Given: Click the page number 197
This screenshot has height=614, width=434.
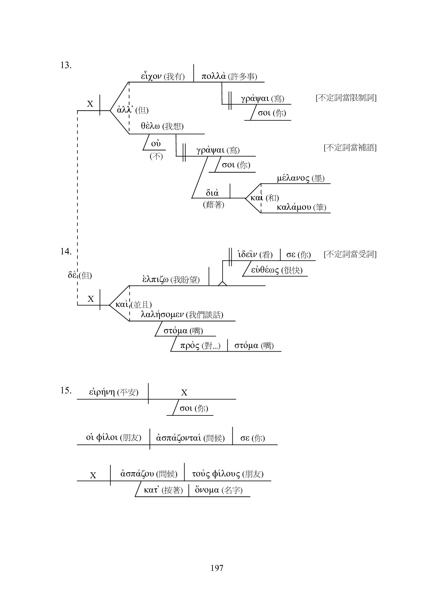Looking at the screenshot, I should [217, 568].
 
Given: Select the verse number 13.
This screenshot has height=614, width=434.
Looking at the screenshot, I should [66, 65].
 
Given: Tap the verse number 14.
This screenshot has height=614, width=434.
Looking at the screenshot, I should [66, 251].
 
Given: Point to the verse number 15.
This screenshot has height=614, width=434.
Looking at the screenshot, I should [66, 390].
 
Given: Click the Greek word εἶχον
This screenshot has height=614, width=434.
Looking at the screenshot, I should [151, 76].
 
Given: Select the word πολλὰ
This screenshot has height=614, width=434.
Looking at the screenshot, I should [213, 76].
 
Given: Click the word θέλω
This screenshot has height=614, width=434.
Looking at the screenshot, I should [151, 126].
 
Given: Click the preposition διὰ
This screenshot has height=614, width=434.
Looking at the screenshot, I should [212, 193].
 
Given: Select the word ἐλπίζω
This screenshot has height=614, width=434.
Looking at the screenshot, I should [156, 279].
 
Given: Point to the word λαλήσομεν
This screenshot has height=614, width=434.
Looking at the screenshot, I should [162, 314].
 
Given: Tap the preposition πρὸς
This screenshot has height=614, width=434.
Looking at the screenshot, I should [190, 346].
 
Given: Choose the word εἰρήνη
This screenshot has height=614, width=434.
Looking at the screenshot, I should [102, 392].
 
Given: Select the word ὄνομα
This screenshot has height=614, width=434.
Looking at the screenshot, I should [206, 490].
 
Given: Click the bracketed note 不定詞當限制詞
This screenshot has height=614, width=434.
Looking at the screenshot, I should [346, 98].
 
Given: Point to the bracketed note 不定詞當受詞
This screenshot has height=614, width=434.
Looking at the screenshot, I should [350, 254].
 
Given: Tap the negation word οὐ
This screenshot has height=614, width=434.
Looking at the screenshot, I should [156, 144].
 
